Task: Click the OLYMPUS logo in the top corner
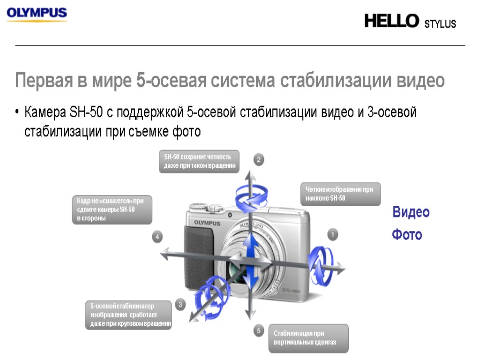click(x=37, y=14)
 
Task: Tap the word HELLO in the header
click(x=392, y=21)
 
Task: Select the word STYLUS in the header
click(x=440, y=24)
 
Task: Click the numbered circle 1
click(x=332, y=234)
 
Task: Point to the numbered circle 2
click(x=259, y=160)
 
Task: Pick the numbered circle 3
click(x=181, y=305)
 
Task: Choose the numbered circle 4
click(x=157, y=237)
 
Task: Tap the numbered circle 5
click(x=259, y=331)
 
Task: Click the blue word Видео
click(x=411, y=212)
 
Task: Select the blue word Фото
click(x=407, y=234)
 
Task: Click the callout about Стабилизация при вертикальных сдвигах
click(x=308, y=338)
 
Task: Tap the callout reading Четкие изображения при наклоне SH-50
click(x=340, y=194)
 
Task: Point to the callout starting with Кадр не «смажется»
click(x=112, y=209)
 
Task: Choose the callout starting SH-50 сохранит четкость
click(x=200, y=161)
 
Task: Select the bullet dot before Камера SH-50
click(x=17, y=112)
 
